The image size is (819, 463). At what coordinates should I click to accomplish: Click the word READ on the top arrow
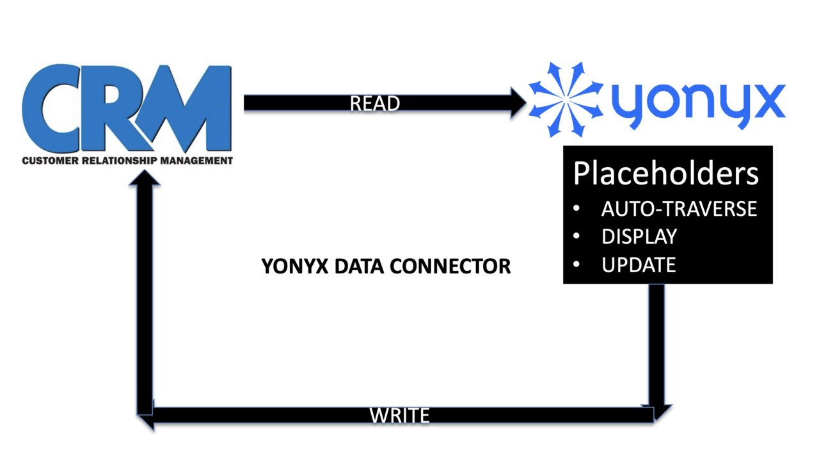(375, 103)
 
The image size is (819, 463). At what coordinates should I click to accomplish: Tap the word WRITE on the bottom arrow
(399, 415)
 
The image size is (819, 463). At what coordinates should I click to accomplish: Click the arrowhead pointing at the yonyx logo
(517, 103)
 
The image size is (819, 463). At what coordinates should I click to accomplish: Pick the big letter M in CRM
(192, 110)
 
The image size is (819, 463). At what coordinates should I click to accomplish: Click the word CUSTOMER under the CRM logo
(51, 161)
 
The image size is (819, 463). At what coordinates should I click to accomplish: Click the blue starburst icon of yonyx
(565, 100)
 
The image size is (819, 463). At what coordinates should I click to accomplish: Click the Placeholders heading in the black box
(665, 174)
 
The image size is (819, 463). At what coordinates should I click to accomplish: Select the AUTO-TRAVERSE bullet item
(679, 209)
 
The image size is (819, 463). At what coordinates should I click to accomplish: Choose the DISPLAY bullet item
(639, 236)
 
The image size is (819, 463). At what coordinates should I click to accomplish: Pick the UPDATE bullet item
(638, 264)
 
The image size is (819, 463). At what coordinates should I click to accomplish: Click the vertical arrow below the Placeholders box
(656, 346)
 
